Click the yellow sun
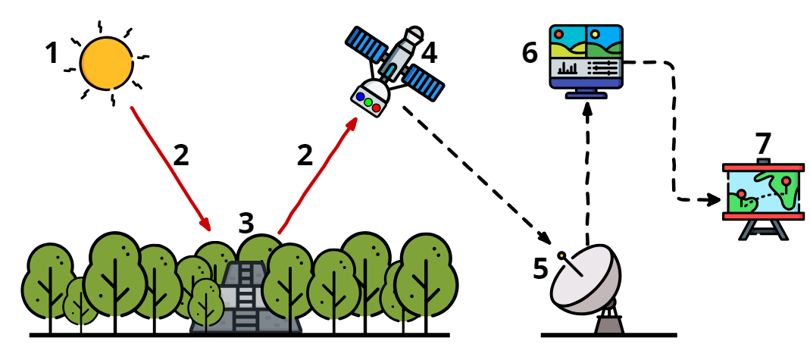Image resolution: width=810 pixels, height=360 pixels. [107, 63]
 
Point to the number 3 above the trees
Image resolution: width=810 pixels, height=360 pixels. [246, 224]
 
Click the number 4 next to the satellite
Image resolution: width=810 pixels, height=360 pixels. [429, 54]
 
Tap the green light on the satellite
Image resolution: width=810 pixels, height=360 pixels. [368, 102]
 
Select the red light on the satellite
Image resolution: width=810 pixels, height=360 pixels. [377, 108]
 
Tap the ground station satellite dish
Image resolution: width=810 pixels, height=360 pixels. [583, 280]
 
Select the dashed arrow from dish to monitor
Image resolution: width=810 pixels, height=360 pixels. [587, 167]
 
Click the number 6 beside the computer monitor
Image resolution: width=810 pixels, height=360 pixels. [530, 54]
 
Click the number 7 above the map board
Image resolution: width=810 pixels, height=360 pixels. [762, 143]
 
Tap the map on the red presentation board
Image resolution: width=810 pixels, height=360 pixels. [763, 189]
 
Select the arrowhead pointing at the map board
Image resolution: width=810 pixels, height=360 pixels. [714, 200]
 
